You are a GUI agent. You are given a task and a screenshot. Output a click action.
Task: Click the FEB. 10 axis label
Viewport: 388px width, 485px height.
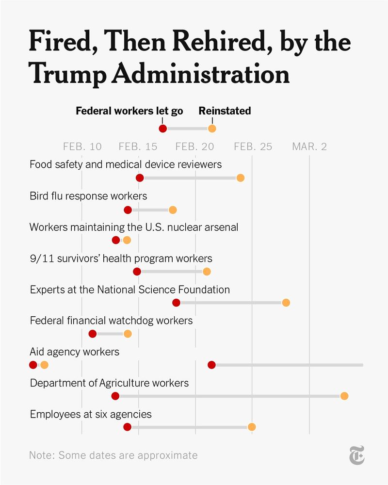[x=82, y=146]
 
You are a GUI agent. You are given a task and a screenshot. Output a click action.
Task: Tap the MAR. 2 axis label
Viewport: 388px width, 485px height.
[x=309, y=146]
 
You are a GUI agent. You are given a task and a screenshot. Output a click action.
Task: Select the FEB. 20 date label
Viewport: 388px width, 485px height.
[x=195, y=146]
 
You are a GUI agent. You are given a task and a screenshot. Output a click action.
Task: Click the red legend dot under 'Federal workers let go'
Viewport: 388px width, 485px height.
[x=163, y=129]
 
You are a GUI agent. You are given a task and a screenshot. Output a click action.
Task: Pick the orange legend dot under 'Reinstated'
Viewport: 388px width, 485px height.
[x=212, y=129]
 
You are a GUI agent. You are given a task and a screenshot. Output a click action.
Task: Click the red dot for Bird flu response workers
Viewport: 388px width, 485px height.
[x=128, y=210]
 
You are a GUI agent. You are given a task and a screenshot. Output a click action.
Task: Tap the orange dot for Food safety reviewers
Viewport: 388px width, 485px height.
[x=240, y=178]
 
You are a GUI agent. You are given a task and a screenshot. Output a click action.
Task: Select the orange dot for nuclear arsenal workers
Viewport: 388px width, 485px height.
[x=127, y=240]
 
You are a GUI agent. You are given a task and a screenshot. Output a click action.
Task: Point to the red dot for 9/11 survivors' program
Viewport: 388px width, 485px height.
[x=137, y=272]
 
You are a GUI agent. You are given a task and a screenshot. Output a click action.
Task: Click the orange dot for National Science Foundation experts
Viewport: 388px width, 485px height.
[x=286, y=303]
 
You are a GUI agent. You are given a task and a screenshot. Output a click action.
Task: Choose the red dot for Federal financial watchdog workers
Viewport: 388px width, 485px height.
[x=93, y=334]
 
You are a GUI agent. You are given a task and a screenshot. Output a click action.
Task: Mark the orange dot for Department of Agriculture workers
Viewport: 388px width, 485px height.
[x=344, y=396]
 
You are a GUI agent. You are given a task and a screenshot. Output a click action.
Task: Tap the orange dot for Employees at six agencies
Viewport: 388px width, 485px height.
[x=251, y=427]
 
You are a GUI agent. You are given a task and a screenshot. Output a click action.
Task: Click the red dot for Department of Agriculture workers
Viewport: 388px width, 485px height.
[x=115, y=396]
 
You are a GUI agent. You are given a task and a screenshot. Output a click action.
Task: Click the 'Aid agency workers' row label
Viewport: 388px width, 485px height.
[x=74, y=352]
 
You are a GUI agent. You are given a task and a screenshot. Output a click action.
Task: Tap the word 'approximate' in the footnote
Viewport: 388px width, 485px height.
[x=168, y=455]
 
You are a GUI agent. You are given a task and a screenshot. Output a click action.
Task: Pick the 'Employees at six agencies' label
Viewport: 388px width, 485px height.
[x=91, y=414]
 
